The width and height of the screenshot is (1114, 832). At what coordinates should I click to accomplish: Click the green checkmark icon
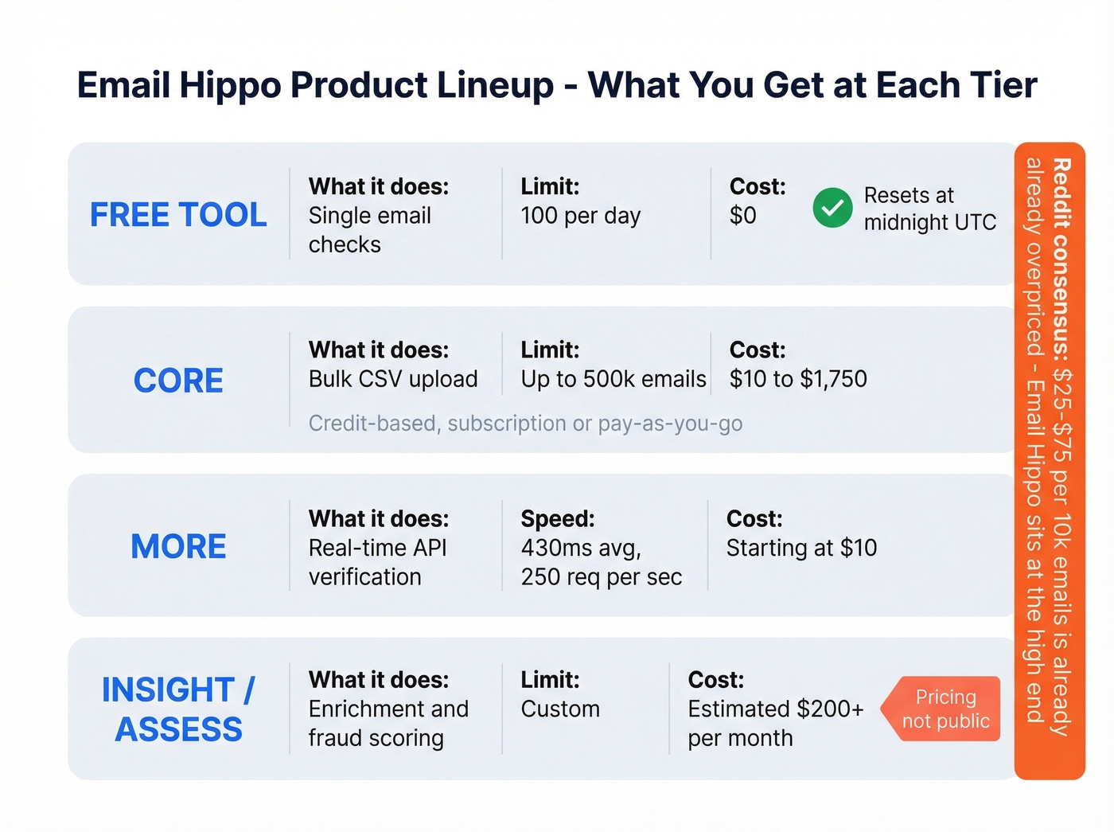coord(832,208)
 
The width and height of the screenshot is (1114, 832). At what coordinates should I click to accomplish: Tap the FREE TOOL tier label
coord(178,215)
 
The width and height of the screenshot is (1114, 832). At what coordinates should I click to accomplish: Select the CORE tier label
coord(178,381)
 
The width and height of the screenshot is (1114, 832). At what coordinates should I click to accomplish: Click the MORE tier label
coord(178,546)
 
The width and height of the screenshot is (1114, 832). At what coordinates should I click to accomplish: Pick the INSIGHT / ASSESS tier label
coord(178,709)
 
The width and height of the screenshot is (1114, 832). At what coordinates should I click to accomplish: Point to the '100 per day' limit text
coord(580,216)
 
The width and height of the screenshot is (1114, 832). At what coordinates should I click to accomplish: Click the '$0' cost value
coord(742,216)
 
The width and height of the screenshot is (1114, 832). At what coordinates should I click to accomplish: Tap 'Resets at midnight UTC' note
coord(929,209)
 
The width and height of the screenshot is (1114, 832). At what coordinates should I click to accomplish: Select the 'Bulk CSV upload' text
coord(393,379)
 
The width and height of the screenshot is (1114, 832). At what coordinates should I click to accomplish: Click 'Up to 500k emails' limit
coord(613,379)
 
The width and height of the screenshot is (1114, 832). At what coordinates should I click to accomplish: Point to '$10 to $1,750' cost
coord(797,379)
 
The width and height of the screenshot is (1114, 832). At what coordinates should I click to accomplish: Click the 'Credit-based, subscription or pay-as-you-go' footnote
coord(525,424)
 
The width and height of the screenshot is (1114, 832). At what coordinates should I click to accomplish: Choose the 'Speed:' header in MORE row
coord(557,519)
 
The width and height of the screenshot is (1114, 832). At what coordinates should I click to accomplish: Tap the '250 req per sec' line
coord(601,577)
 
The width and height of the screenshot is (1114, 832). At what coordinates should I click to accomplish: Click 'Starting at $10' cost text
coord(801,548)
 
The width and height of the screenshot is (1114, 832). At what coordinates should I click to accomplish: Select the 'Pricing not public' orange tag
coord(945,709)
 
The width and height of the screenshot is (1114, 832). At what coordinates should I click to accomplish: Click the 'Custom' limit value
coord(560,709)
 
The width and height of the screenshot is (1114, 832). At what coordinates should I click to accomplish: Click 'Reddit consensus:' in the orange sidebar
coord(1061,259)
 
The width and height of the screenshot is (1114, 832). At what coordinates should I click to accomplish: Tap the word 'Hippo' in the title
coord(230,85)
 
